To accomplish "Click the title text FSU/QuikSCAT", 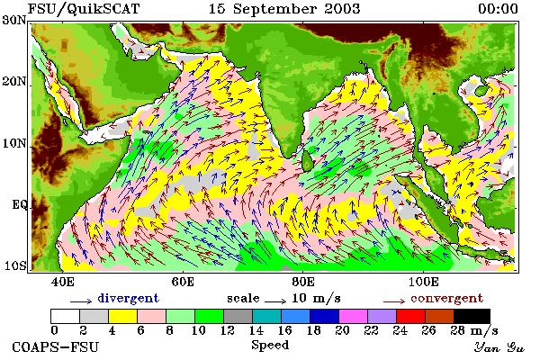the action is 84,9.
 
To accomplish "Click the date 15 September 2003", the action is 284,9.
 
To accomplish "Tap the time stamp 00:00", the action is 498,9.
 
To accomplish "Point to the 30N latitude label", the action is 14,21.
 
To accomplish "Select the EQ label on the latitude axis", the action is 19,205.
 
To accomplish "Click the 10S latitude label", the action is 14,266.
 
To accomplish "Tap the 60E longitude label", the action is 183,282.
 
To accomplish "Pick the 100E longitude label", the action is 423,282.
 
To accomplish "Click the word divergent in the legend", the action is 128,298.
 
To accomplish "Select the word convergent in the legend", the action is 446,298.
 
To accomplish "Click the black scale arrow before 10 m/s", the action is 275,301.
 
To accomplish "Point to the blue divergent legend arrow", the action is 81,301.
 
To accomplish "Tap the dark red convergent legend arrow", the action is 394,301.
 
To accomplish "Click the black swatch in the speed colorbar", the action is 472,316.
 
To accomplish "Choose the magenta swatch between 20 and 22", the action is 354,316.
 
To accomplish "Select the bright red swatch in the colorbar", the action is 411,316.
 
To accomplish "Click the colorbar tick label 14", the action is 256,330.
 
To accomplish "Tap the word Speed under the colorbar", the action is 270,345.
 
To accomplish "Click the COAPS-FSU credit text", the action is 56,347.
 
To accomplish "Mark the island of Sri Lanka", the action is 307,160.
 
